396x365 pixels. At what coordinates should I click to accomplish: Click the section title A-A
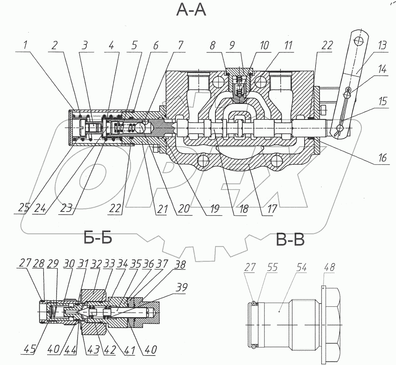tap(191, 10)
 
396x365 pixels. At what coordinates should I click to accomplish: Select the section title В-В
tap(290, 239)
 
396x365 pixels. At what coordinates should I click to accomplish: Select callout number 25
tap(24, 208)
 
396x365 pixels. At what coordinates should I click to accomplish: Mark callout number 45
tap(29, 350)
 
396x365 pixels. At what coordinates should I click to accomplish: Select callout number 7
tap(181, 46)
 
